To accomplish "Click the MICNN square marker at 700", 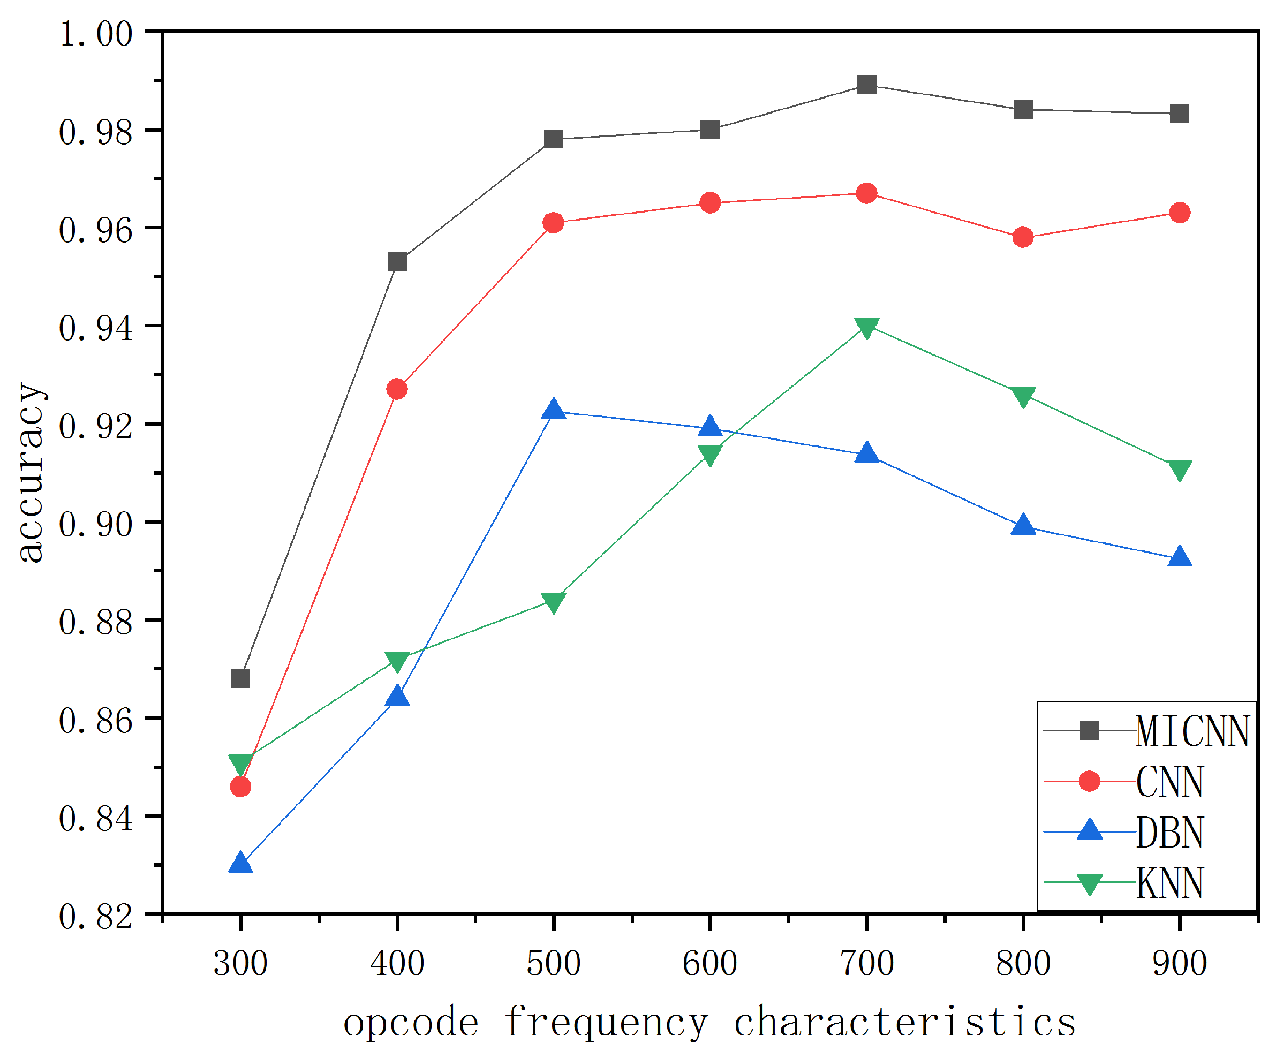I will coord(866,85).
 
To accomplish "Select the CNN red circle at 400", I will coord(397,389).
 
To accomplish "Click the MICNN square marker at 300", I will coord(240,679).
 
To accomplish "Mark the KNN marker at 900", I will coord(1179,469).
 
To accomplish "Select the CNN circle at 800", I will coord(1022,237).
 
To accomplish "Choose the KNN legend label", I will coord(1169,884).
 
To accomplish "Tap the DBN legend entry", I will coord(1169,833).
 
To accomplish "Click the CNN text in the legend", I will coord(1169,782).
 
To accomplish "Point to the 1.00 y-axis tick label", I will coord(96,34).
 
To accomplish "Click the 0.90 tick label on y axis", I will coord(96,524).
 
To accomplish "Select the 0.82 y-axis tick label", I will coord(96,917).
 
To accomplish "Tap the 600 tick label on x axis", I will coord(709,963).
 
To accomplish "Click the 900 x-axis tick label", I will coord(1179,963).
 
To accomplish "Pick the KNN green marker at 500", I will coord(553,602).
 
